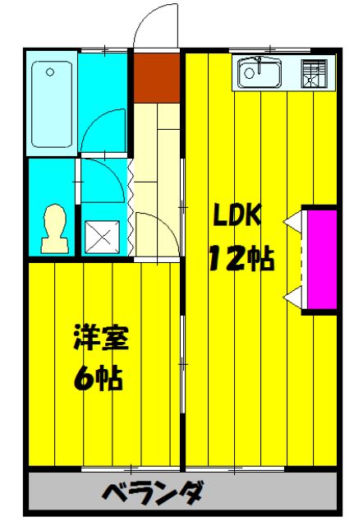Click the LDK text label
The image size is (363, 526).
pos(238,215)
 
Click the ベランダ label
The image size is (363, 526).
pos(154,494)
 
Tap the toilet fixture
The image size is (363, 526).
pos(54,229)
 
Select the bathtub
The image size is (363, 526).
pos(53,104)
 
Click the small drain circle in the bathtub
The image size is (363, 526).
pos(50,72)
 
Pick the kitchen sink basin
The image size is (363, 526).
pos(260,75)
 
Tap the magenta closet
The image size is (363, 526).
pos(320,259)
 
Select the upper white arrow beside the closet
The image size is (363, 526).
pos(292,222)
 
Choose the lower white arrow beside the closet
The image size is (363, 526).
pos(292,296)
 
